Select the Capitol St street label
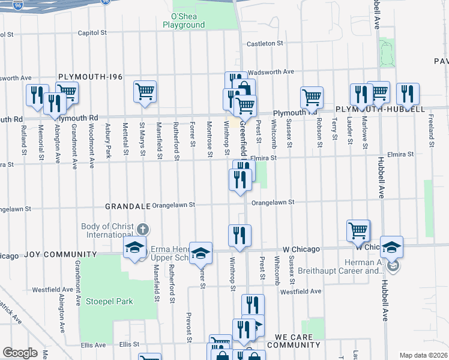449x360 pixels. point(91,34)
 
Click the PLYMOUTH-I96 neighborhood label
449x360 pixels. point(90,77)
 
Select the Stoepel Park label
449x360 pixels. point(109,301)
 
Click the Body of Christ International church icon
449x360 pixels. point(142,229)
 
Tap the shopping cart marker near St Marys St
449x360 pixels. point(145,92)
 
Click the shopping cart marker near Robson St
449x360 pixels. point(312,97)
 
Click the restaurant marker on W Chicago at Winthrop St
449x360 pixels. point(240,236)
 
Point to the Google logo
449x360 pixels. point(20,353)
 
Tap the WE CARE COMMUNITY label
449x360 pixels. point(294,341)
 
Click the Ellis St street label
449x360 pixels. point(129,344)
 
